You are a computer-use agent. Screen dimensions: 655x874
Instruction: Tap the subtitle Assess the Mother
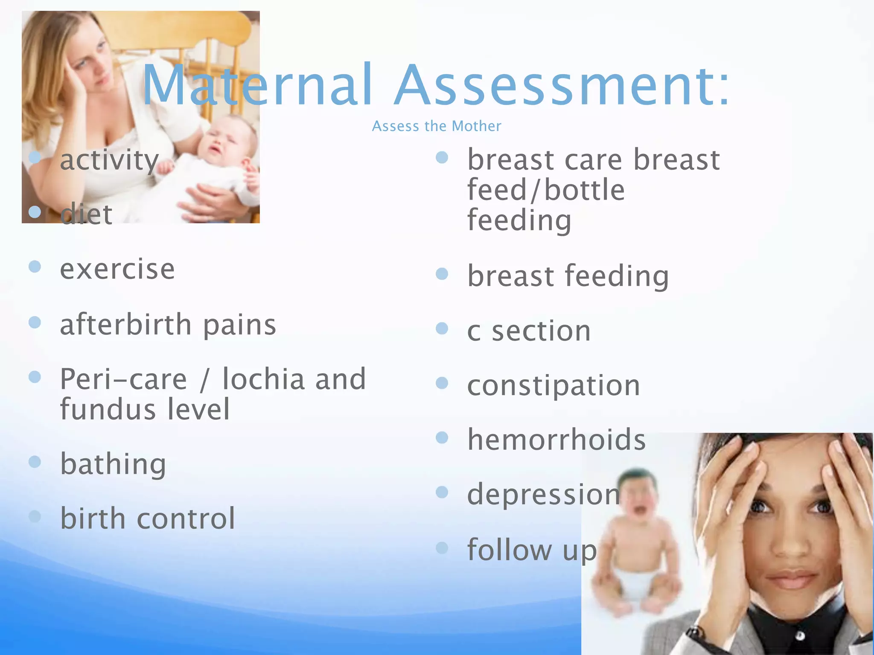tap(437, 126)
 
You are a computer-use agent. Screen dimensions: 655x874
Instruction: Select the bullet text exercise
tap(117, 269)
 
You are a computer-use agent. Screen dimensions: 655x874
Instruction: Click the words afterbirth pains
tap(168, 325)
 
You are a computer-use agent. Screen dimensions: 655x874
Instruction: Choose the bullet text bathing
tap(113, 464)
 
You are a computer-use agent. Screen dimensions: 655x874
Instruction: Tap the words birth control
tap(148, 519)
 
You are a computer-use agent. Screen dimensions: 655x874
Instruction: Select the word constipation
tap(554, 385)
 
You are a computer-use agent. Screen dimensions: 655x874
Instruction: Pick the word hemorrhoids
tap(556, 440)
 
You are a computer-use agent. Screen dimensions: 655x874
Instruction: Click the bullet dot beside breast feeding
tap(442, 274)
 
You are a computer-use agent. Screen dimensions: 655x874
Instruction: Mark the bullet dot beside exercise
tap(35, 267)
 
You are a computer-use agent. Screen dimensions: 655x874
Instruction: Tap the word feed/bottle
tap(546, 190)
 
